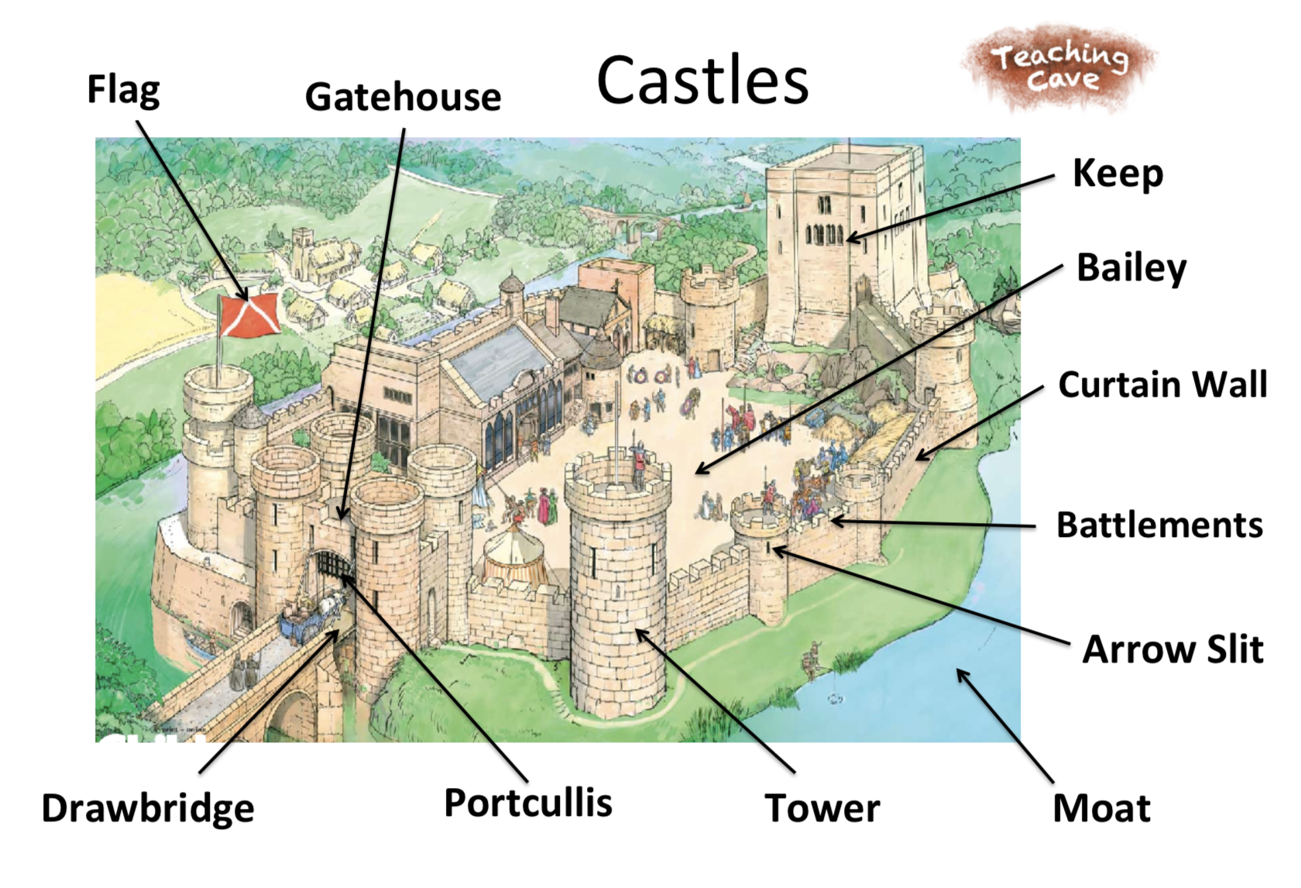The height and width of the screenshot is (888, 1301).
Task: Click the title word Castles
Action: click(702, 81)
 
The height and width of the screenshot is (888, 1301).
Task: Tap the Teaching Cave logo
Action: click(1059, 67)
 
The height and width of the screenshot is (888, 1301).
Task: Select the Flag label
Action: click(123, 90)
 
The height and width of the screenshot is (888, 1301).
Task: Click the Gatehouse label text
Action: click(403, 98)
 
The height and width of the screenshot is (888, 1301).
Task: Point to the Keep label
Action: click(1117, 174)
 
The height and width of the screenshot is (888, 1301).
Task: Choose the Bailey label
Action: click(1131, 268)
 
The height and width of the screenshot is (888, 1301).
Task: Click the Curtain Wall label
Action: click(1162, 384)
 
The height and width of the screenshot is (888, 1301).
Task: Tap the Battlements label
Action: click(1159, 525)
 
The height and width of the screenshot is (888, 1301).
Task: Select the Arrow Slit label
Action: click(1172, 649)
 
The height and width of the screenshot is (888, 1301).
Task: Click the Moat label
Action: click(1101, 808)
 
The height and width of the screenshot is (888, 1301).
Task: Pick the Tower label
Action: click(822, 808)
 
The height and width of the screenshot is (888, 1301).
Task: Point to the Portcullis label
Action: click(527, 803)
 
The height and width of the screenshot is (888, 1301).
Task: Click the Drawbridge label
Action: click(148, 808)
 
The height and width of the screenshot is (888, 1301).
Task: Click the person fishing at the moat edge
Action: click(813, 659)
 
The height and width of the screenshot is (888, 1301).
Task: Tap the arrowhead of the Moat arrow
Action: click(960, 672)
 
